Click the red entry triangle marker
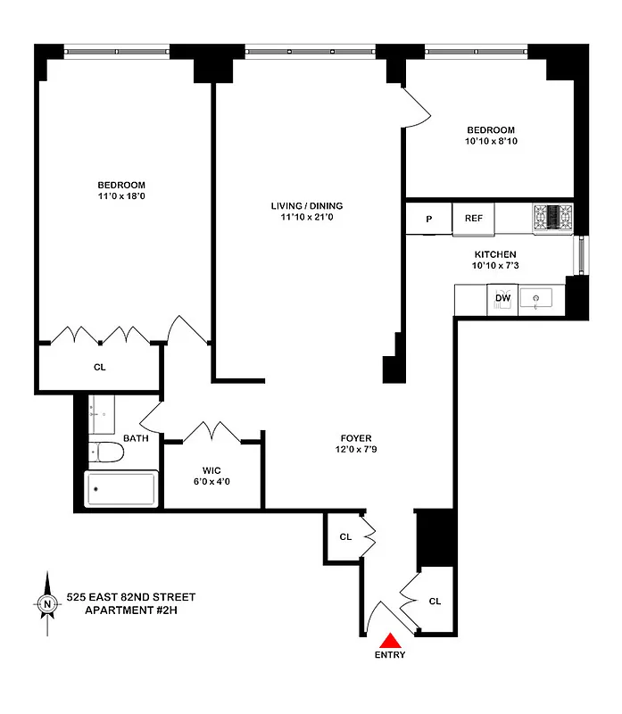pyautogui.click(x=391, y=640)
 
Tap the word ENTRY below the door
pyautogui.click(x=390, y=655)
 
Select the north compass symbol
pyautogui.click(x=46, y=605)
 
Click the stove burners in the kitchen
pyautogui.click(x=553, y=216)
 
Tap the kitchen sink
pyautogui.click(x=538, y=297)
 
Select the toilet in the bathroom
pyautogui.click(x=107, y=453)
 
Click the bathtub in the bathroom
pyautogui.click(x=120, y=489)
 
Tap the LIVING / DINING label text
pyautogui.click(x=306, y=206)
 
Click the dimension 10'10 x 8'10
pyautogui.click(x=490, y=141)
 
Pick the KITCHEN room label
pyautogui.click(x=494, y=254)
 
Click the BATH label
pyautogui.click(x=136, y=438)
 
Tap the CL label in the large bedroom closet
pyautogui.click(x=99, y=367)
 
